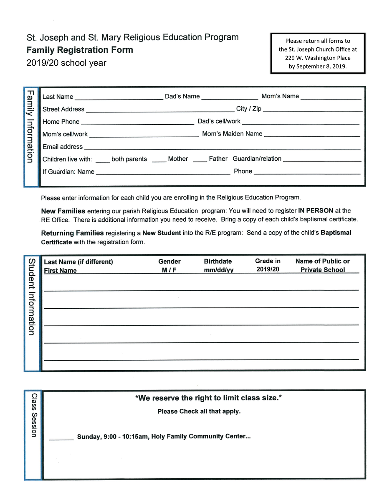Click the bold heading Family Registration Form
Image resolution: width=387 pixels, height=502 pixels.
coord(80,50)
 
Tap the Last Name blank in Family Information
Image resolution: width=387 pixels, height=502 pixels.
coord(119,98)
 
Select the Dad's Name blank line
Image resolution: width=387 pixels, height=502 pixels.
coord(230,98)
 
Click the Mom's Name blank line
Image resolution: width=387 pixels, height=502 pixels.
coord(331,98)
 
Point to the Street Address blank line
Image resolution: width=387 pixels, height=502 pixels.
coord(160,111)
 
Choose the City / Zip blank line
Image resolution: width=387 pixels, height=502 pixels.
coord(313,111)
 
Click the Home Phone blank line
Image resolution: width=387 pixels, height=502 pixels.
coord(137,123)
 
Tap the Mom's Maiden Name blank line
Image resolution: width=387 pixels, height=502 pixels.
coord(312,136)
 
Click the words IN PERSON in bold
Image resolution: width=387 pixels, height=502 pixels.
coord(316,210)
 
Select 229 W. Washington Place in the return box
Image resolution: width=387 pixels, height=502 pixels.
coord(318,58)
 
